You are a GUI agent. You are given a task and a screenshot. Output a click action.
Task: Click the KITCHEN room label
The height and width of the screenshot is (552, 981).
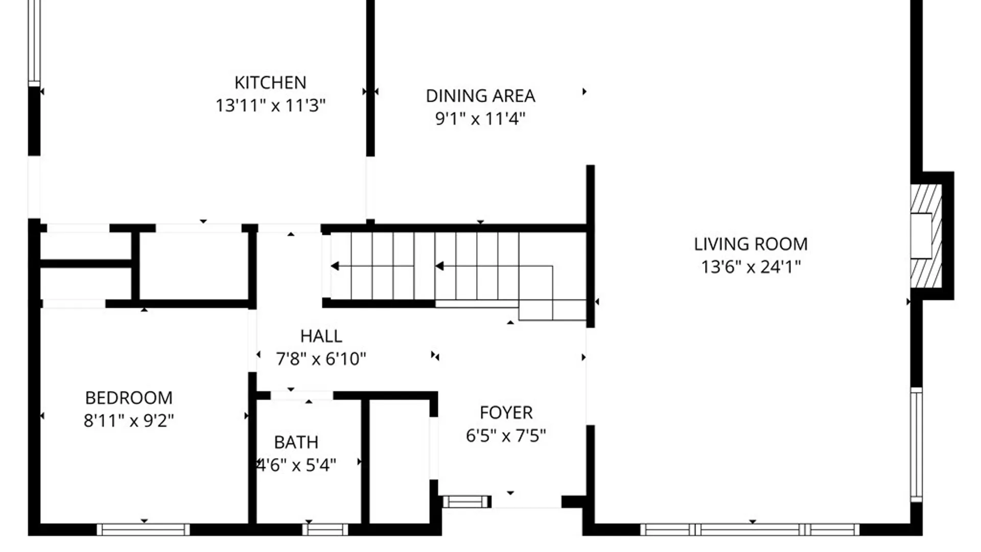pyautogui.click(x=270, y=83)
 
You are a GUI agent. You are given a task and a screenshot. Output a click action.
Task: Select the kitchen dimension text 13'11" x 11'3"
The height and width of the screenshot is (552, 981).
pyautogui.click(x=270, y=106)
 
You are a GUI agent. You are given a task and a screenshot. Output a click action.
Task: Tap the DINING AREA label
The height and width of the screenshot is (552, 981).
pyautogui.click(x=480, y=96)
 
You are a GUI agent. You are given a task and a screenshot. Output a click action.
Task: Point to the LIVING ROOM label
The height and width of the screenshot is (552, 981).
pyautogui.click(x=751, y=244)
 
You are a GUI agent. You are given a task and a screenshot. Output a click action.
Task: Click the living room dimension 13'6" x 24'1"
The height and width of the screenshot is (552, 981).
pyautogui.click(x=751, y=267)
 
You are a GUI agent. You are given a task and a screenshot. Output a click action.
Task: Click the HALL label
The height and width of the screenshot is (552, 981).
pyautogui.click(x=321, y=336)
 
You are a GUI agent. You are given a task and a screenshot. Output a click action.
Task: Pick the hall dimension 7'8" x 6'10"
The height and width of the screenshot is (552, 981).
pyautogui.click(x=321, y=359)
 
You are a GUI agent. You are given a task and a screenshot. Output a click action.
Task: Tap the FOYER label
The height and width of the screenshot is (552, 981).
pyautogui.click(x=506, y=413)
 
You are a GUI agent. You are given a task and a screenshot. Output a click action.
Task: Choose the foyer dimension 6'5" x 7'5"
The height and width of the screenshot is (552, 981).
pyautogui.click(x=506, y=436)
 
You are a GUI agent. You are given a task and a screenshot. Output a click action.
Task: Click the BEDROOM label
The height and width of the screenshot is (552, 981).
pyautogui.click(x=129, y=398)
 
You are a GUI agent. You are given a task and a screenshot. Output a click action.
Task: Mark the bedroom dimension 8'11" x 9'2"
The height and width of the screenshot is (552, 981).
pyautogui.click(x=129, y=421)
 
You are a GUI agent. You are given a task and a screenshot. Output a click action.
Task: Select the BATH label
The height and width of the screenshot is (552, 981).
pyautogui.click(x=296, y=443)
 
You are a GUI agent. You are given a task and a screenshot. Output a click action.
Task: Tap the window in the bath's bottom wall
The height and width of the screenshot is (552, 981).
pyautogui.click(x=325, y=530)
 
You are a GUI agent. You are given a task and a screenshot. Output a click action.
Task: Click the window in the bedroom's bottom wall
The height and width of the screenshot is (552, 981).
pyautogui.click(x=144, y=530)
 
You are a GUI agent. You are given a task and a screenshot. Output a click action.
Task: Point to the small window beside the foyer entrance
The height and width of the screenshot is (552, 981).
pyautogui.click(x=465, y=502)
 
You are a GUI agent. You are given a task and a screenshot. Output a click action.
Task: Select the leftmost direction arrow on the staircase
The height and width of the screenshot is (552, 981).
pyautogui.click(x=335, y=266)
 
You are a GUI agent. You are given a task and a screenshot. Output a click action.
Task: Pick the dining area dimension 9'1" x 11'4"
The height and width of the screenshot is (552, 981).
pyautogui.click(x=480, y=119)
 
